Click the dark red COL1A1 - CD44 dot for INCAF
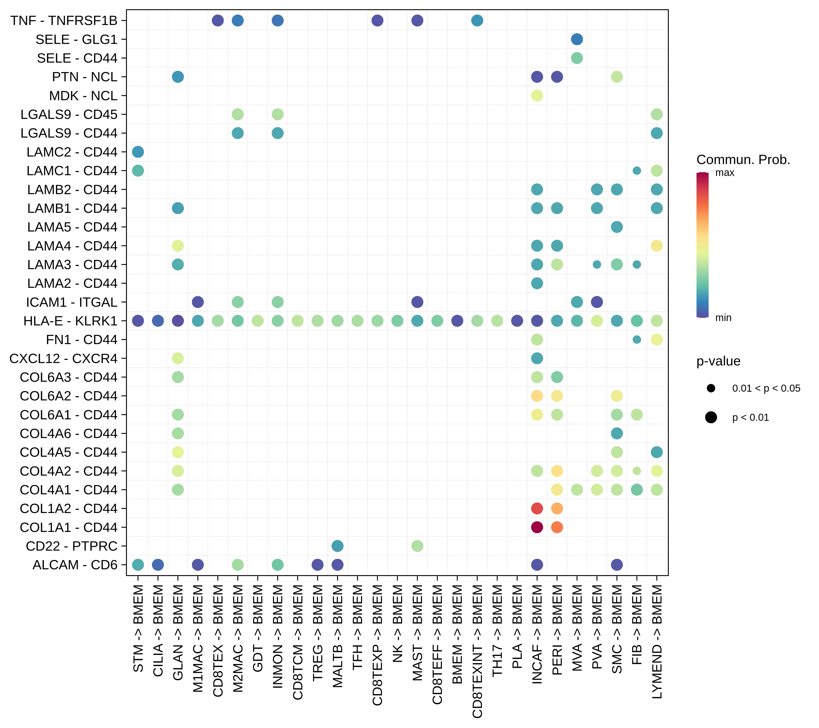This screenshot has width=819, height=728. tap(537, 527)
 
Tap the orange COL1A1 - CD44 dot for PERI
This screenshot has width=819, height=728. tap(557, 527)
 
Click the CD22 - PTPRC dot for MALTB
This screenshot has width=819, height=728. tap(337, 546)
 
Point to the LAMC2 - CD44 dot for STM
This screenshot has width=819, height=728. tap(138, 152)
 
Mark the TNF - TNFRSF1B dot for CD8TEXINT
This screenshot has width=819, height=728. tap(477, 20)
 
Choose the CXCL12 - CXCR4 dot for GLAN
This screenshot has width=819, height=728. tap(178, 358)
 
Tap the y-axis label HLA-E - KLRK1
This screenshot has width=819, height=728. tap(71, 321)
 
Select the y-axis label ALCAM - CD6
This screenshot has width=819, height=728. tap(75, 565)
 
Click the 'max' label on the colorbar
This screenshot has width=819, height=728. tap(725, 173)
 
